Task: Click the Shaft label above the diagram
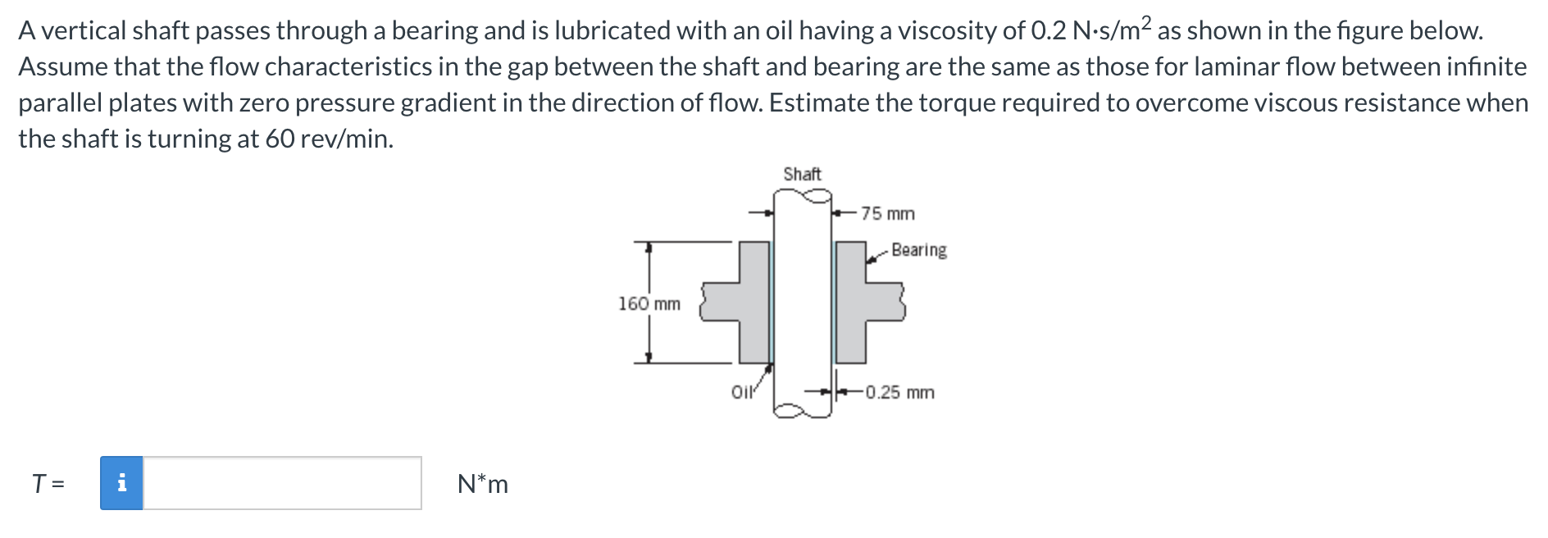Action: click(802, 174)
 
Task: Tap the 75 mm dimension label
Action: click(888, 213)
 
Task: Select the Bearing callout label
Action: click(919, 249)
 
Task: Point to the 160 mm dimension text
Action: click(649, 303)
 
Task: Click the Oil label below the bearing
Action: click(741, 392)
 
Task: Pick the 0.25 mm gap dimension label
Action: click(899, 392)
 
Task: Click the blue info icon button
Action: click(121, 483)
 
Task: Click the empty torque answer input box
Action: click(282, 483)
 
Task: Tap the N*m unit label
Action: click(483, 484)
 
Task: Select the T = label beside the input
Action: click(48, 484)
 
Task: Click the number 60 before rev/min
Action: click(280, 139)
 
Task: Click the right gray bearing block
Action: click(861, 303)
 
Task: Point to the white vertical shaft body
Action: click(802, 303)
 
